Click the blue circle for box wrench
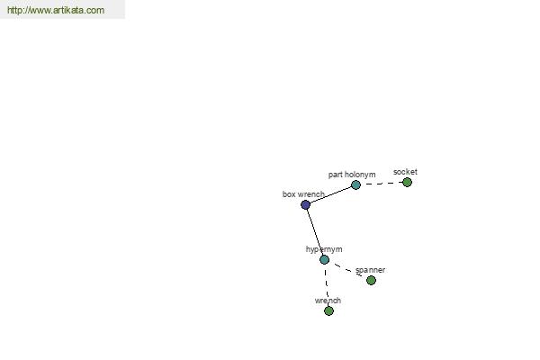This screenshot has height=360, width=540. tap(305, 204)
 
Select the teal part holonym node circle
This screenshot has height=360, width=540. tap(355, 185)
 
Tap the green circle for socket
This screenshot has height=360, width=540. tap(407, 182)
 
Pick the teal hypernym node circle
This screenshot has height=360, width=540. tap(324, 259)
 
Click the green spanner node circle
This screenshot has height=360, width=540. tap(371, 281)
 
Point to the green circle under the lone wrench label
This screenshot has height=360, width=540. tap(328, 311)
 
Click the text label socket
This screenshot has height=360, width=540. tap(405, 172)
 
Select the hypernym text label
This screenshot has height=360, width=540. tap(324, 249)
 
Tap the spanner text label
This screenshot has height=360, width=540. tap(370, 270)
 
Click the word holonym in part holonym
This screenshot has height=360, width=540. tap(360, 175)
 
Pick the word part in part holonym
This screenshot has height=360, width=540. tap(336, 175)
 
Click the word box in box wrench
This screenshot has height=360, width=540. tap(289, 194)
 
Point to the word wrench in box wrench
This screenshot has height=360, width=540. tap(311, 194)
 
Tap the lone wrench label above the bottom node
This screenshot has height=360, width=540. tap(328, 301)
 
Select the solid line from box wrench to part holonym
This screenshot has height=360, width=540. tap(330, 195)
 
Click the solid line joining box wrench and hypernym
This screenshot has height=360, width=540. tap(315, 232)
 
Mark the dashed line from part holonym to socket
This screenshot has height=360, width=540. tap(382, 184)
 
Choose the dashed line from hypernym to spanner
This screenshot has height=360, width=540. tap(347, 270)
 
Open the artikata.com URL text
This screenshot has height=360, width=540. tap(56, 10)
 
